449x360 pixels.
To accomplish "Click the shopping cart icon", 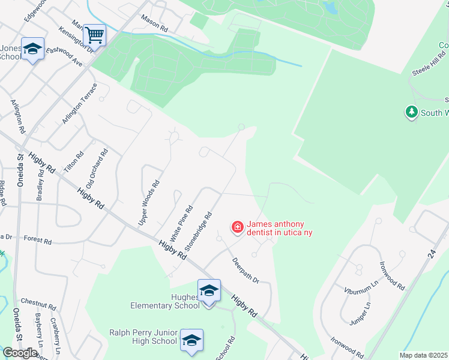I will pos(94,35).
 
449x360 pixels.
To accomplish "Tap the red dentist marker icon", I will pos(238,227).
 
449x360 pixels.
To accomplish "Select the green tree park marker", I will pos(411,112).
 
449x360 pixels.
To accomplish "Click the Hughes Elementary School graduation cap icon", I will pos(209,291).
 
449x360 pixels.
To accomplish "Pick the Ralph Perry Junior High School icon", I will pos(191,340).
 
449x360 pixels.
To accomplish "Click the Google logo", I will pos(20,353).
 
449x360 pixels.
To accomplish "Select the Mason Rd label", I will pos(154,24).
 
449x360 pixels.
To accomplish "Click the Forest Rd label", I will pos(38,239).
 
